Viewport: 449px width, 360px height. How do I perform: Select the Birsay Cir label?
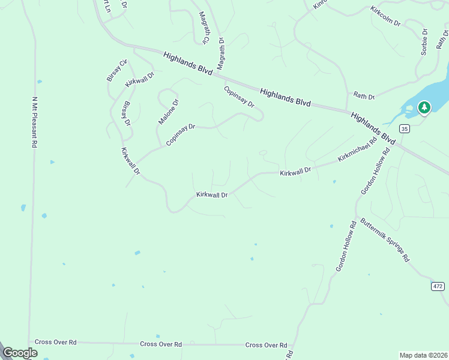tap(117, 70)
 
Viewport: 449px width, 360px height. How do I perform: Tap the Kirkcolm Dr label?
tap(385, 16)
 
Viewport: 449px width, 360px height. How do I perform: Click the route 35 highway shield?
tap(404, 128)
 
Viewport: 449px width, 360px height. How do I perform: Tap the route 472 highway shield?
tap(438, 286)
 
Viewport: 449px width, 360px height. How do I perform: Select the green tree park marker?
tap(424, 107)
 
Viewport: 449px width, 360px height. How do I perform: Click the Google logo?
tap(20, 353)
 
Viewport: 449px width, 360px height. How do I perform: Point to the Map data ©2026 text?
tap(423, 355)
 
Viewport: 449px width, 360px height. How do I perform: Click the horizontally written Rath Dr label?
tap(364, 96)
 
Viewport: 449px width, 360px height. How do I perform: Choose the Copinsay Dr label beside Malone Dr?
tap(181, 135)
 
